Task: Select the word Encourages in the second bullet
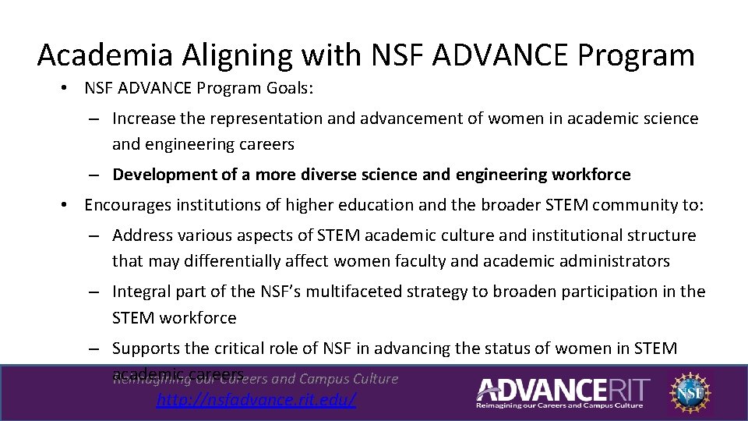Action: coord(128,205)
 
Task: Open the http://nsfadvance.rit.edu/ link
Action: coord(256,400)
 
